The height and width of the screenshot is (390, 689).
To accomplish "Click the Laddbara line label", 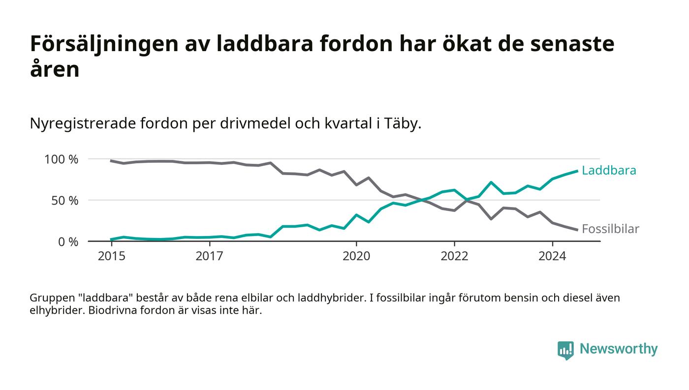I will [608, 171].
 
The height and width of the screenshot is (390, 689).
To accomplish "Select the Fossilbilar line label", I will [610, 229].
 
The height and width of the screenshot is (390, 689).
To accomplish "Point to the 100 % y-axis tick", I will [62, 159].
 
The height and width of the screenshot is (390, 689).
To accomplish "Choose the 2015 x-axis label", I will [111, 256].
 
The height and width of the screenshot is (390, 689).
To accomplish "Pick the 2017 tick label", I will [210, 256].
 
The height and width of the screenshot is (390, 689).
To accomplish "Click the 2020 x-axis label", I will [356, 256].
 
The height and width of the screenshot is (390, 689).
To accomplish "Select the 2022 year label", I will [454, 256].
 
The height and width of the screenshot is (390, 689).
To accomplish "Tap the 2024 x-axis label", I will [552, 256].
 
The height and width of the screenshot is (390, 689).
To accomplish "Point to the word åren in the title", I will [55, 70].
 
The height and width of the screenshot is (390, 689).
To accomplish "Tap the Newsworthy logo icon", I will [565, 350].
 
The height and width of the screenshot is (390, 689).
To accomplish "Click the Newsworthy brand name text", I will [618, 349].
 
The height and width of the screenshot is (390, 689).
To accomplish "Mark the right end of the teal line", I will [577, 171].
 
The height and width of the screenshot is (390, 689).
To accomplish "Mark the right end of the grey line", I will [577, 230].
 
